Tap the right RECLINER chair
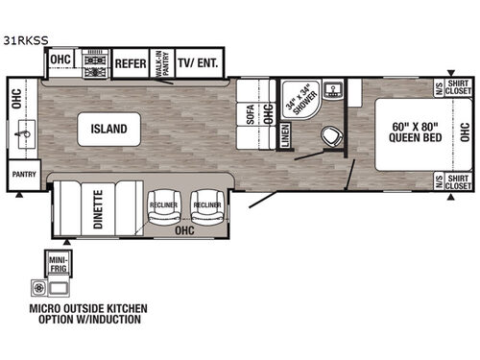click(x=206, y=204)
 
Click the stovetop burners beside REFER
click(x=96, y=65)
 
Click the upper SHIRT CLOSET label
click(x=455, y=87)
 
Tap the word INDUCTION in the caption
click(x=114, y=319)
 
